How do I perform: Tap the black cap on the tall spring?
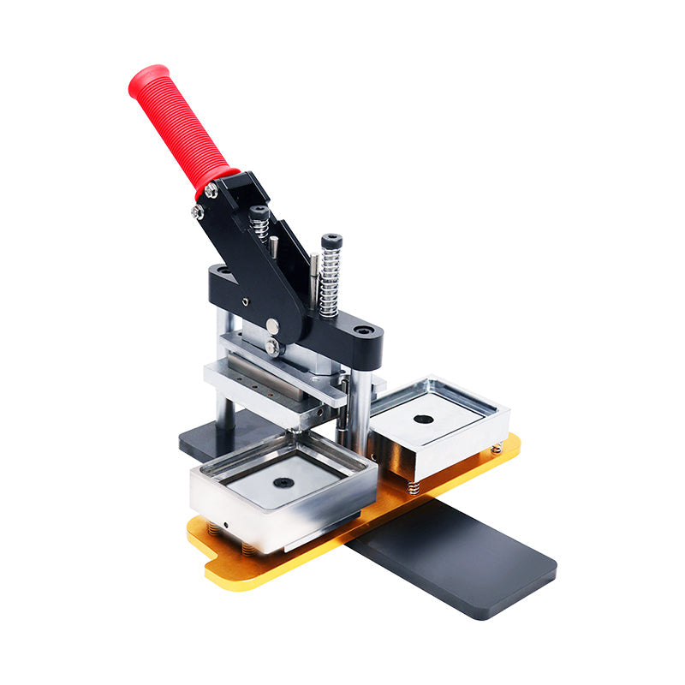(331, 241)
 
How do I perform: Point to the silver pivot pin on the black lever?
(271, 325)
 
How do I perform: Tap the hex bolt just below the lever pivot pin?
(272, 346)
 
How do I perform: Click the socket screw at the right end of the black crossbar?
(364, 330)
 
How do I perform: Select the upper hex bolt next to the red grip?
(211, 191)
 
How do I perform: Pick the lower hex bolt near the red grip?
(198, 211)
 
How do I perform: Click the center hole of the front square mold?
(283, 482)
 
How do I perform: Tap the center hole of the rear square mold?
(423, 420)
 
